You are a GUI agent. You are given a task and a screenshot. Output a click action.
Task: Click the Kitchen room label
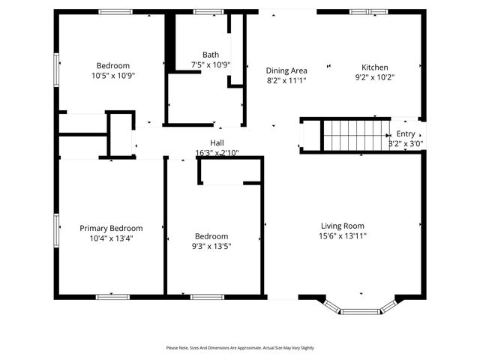pyautogui.click(x=374, y=67)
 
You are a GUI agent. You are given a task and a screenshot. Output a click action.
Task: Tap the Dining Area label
pyautogui.click(x=286, y=70)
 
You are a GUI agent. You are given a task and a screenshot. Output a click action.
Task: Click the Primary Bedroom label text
pyautogui.click(x=111, y=228)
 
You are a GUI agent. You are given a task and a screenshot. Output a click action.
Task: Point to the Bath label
pyautogui.click(x=211, y=55)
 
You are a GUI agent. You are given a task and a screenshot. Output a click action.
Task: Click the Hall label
pyautogui.click(x=217, y=142)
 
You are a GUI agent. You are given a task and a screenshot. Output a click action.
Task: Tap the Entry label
pyautogui.click(x=405, y=133)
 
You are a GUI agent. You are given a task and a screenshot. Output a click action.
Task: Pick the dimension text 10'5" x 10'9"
pyautogui.click(x=112, y=75)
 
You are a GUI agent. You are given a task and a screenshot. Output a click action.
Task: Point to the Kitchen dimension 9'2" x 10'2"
pyautogui.click(x=374, y=76)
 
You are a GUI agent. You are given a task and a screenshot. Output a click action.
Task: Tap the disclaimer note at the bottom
pyautogui.click(x=240, y=348)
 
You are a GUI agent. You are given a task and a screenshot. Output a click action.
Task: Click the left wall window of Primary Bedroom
pyautogui.click(x=56, y=229)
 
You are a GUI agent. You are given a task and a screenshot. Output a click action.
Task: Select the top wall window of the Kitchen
pyautogui.click(x=368, y=12)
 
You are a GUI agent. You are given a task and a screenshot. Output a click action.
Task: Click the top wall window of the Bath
pyautogui.click(x=203, y=12)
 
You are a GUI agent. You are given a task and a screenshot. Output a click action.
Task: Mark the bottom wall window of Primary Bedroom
pyautogui.click(x=112, y=297)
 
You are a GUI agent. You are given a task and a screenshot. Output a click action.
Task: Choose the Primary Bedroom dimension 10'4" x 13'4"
pyautogui.click(x=111, y=238)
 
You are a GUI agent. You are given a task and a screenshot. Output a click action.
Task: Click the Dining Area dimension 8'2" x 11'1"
pyautogui.click(x=286, y=79)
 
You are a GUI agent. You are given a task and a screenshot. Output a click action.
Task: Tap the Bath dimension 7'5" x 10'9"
pyautogui.click(x=211, y=64)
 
